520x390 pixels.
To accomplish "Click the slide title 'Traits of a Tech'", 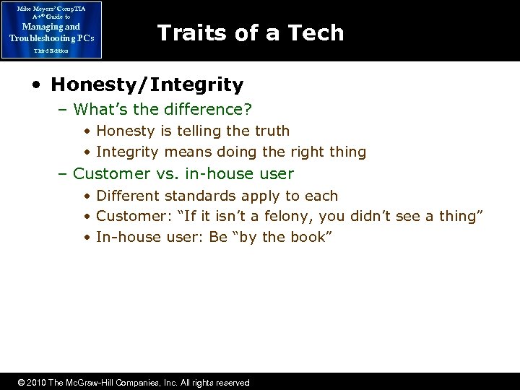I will click(250, 32).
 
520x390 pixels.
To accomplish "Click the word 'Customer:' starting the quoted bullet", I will click(131, 217).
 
